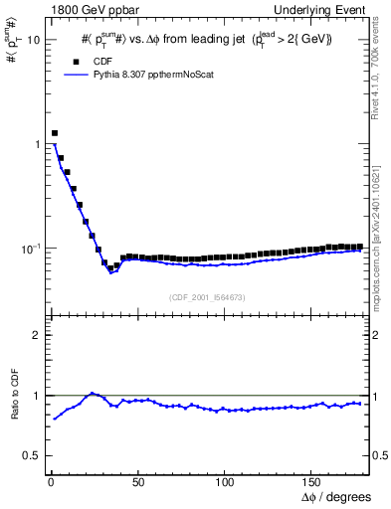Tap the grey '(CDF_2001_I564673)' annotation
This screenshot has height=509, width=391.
pyautogui.click(x=207, y=297)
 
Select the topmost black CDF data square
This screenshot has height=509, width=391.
pyautogui.click(x=55, y=132)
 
